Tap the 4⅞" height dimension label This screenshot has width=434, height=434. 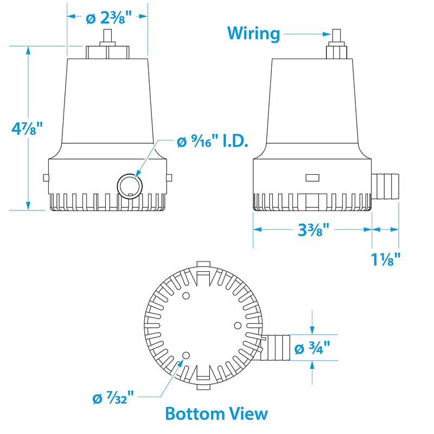click(x=27, y=128)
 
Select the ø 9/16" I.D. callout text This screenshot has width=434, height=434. click(x=212, y=142)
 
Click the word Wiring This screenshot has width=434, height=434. click(x=253, y=34)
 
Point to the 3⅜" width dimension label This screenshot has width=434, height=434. click(x=314, y=229)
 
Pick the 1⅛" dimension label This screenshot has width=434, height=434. click(x=386, y=259)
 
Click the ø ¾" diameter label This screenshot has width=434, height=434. click(x=312, y=348)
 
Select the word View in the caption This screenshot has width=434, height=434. click(x=246, y=414)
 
